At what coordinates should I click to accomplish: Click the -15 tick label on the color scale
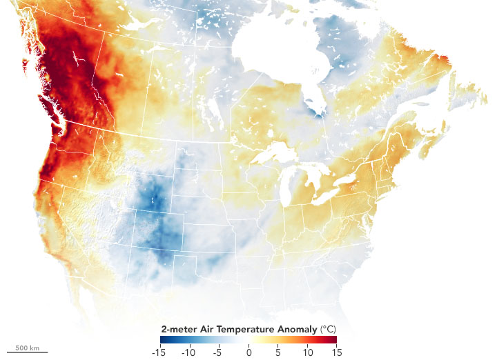(x=161, y=352)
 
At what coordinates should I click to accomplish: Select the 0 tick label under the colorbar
(x=248, y=352)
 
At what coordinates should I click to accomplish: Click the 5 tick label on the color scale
(x=277, y=352)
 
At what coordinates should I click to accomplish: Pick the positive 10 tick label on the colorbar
(x=306, y=352)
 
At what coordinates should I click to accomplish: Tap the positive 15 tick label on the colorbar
(x=336, y=352)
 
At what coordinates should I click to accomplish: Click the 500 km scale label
(x=27, y=346)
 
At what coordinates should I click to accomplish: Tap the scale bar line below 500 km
(x=27, y=352)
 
